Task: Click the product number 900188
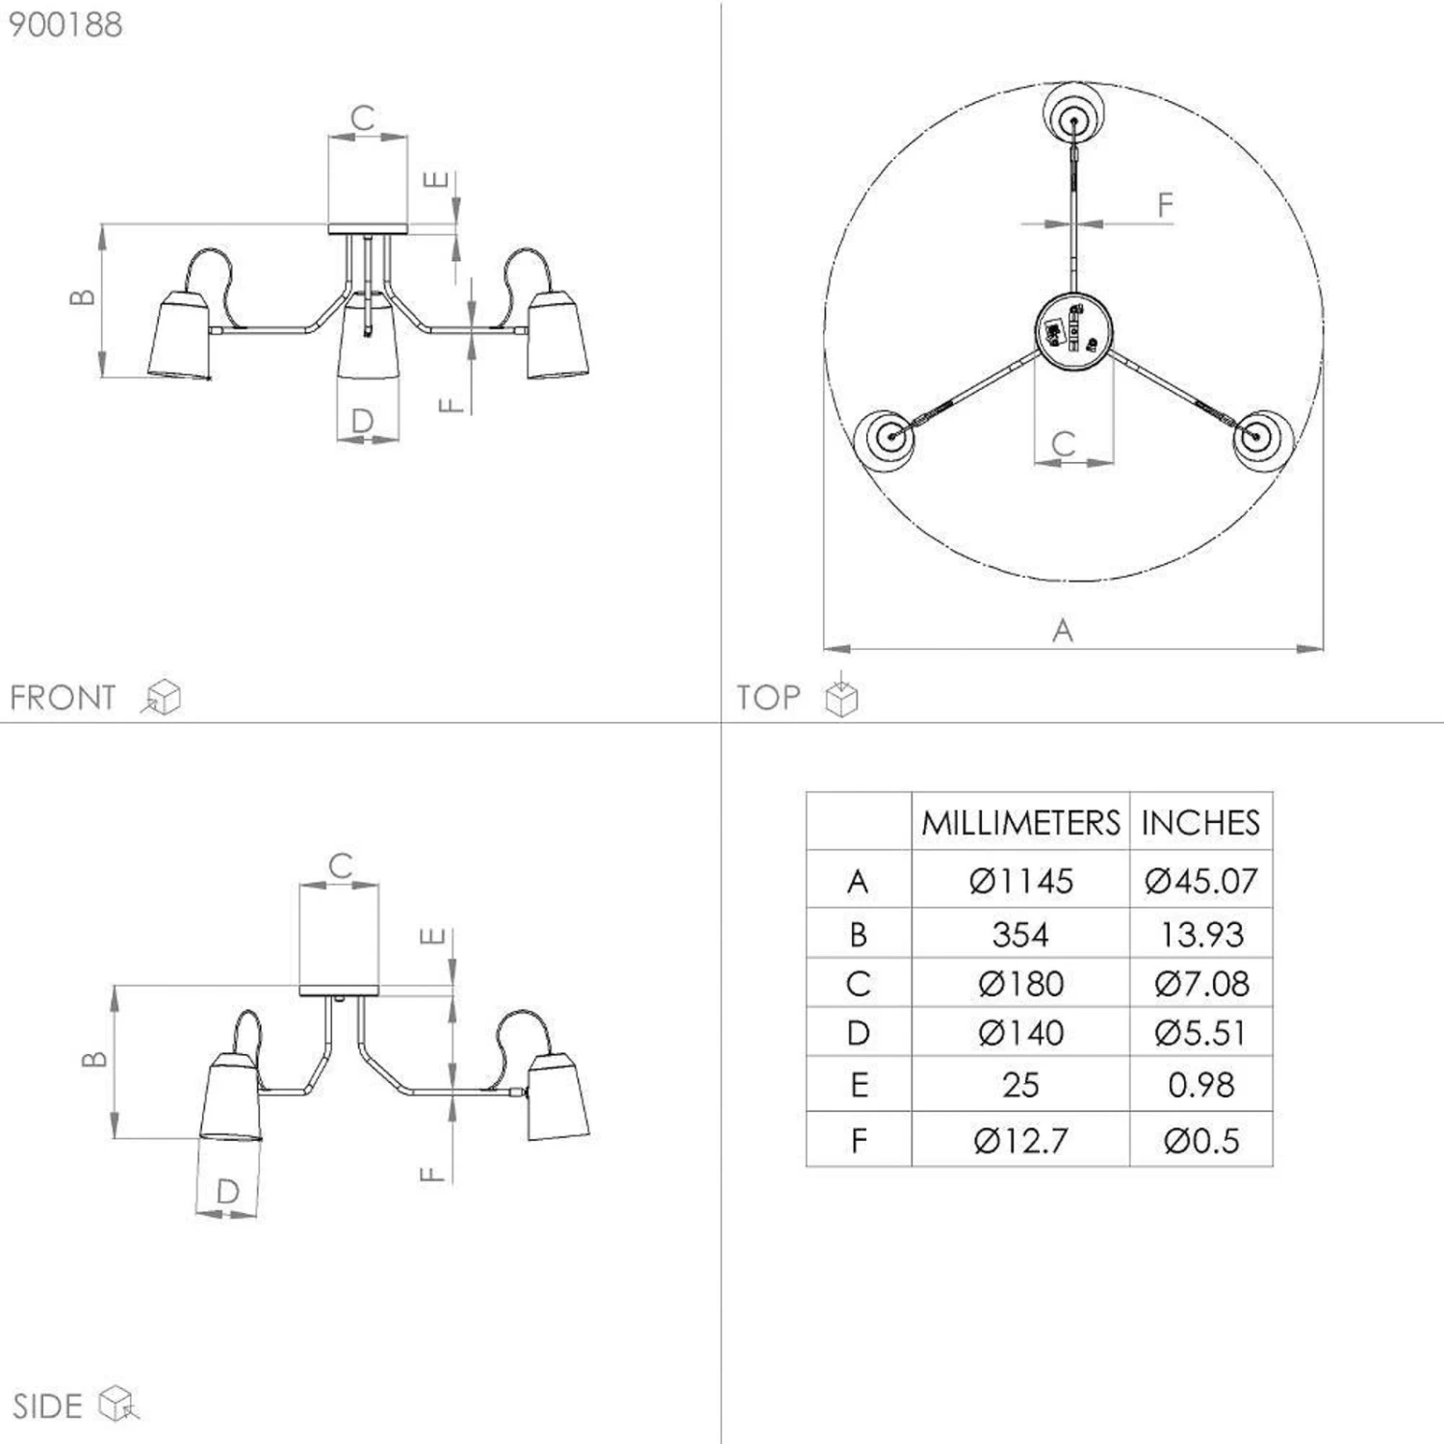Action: click(x=65, y=24)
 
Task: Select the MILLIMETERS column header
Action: click(x=1020, y=822)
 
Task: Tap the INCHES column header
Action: click(x=1200, y=822)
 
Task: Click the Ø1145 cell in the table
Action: click(x=1020, y=881)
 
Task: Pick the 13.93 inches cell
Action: click(x=1201, y=934)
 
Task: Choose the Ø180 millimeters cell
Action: click(x=1020, y=984)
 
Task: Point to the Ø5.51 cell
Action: click(x=1201, y=1033)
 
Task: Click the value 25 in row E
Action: click(x=1020, y=1085)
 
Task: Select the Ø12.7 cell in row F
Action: click(x=1020, y=1141)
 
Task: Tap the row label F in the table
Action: click(x=859, y=1141)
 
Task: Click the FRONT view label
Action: click(x=63, y=697)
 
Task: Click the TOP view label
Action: click(x=768, y=697)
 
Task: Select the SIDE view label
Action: click(x=47, y=1405)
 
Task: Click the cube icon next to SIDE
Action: click(x=119, y=1404)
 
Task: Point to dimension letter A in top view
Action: click(x=1062, y=631)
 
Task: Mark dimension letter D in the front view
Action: click(x=362, y=420)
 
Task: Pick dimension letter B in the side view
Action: click(x=93, y=1059)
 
